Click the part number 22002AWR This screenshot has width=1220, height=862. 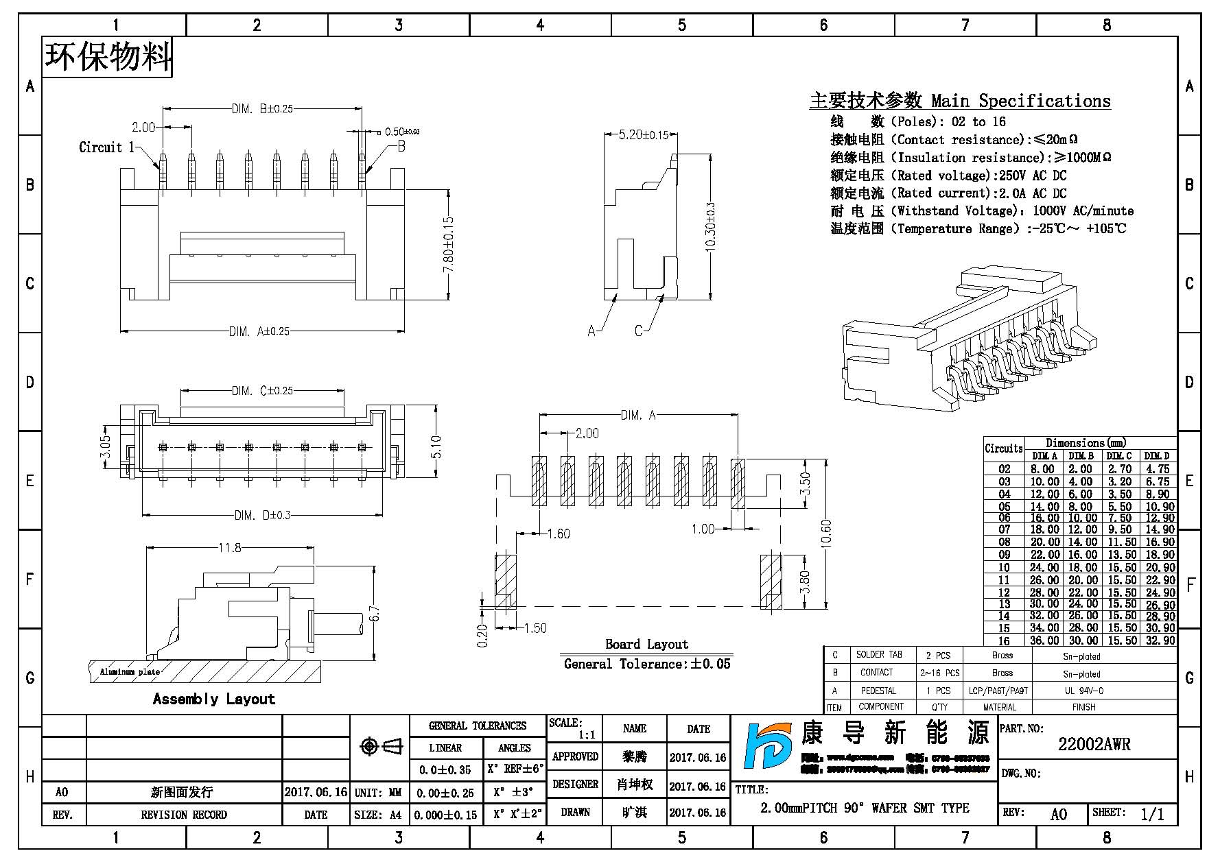click(1094, 744)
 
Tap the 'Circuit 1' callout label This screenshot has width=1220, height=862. click(106, 147)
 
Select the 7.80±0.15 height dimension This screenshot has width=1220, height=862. click(449, 245)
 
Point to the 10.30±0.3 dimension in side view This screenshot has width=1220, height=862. click(709, 227)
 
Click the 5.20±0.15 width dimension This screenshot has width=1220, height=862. click(643, 135)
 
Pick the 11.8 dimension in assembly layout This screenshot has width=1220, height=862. click(229, 547)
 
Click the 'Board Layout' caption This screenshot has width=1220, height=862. click(646, 644)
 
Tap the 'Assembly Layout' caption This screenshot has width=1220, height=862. click(213, 699)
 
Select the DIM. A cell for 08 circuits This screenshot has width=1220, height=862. click(1044, 542)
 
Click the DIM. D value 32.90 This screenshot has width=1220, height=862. click(1160, 640)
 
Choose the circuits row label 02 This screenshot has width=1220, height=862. click(1004, 469)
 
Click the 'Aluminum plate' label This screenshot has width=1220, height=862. click(130, 672)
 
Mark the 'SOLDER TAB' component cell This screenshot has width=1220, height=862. click(879, 655)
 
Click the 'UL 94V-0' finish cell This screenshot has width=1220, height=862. click(1083, 691)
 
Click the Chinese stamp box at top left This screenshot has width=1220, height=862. click(108, 57)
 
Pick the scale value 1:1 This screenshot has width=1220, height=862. click(586, 734)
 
